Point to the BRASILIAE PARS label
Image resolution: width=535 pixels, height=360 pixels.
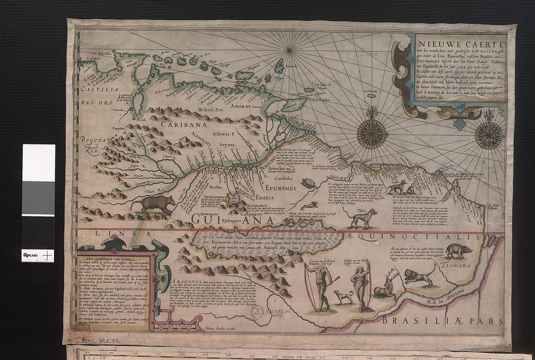[x=442, y=321]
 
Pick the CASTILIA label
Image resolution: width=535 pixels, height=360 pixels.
[x=97, y=89]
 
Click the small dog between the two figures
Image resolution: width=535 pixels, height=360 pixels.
[x=343, y=296]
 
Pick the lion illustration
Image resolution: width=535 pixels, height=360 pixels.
[x=419, y=275]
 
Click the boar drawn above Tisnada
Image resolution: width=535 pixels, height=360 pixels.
[x=458, y=251]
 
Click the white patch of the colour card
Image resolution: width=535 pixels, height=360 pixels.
[x=38, y=162]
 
